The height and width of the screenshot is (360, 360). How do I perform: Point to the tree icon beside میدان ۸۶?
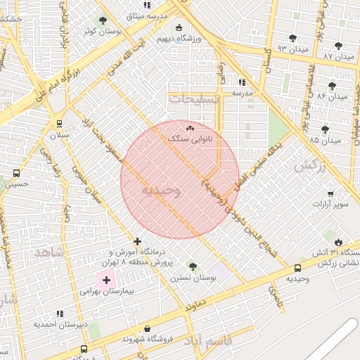pos(332,86)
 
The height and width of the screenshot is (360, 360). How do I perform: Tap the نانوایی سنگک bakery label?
pos(191,139)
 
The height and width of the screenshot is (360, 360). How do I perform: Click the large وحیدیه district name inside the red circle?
pos(161,190)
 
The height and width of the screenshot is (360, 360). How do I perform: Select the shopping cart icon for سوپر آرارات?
pos(330,193)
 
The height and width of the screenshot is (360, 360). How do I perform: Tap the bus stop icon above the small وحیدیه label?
pos(297,268)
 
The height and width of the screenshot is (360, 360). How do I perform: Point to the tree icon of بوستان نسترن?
pos(193,266)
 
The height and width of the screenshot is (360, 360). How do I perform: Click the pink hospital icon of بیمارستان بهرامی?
pos(106,280)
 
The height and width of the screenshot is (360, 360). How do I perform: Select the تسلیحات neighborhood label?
pos(194,99)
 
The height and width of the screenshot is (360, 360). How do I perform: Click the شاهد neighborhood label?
pos(49,251)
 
